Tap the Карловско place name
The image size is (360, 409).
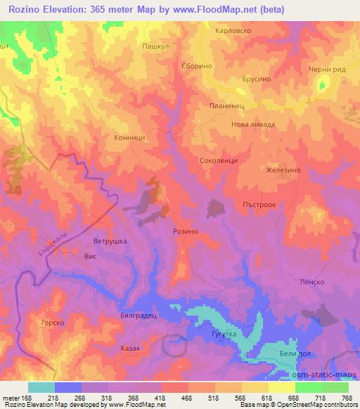[x=232, y=32]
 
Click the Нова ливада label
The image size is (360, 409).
[x=253, y=124]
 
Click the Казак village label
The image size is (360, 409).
[x=130, y=348]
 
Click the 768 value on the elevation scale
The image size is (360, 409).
[x=345, y=397]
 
